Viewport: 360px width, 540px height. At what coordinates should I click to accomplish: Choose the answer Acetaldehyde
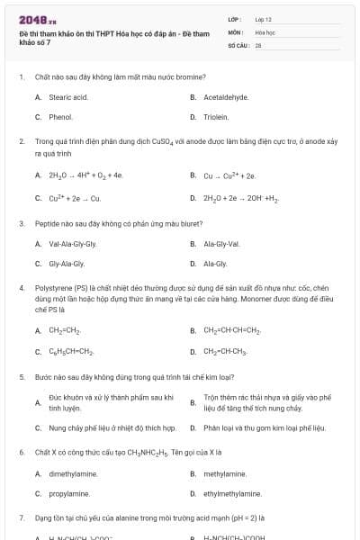tap(226, 96)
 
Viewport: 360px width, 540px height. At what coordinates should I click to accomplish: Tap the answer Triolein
tap(217, 117)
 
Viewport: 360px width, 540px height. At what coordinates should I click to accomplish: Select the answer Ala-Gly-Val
tap(220, 244)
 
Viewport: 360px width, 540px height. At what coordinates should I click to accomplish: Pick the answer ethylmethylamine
tap(232, 493)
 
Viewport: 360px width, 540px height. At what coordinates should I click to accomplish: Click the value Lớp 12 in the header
tap(263, 19)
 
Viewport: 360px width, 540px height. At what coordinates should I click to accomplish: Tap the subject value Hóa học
tap(265, 31)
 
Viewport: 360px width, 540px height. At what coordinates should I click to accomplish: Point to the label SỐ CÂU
tap(238, 44)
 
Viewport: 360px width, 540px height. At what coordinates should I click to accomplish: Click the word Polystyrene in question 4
tap(52, 288)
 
